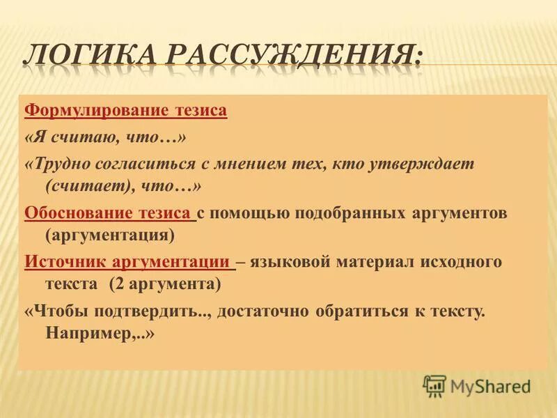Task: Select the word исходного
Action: [x=460, y=262]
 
